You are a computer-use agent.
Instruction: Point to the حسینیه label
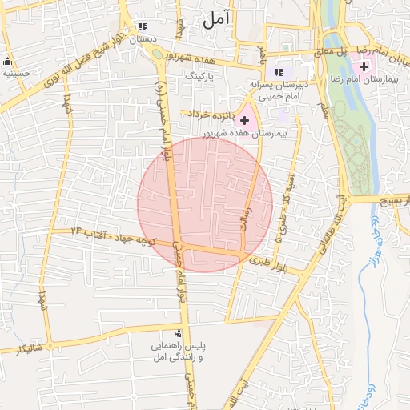click(x=16, y=73)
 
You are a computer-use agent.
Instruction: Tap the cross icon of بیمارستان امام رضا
click(x=365, y=66)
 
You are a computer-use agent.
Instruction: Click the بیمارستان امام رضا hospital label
click(x=369, y=80)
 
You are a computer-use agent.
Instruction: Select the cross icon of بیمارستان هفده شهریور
click(x=244, y=119)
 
